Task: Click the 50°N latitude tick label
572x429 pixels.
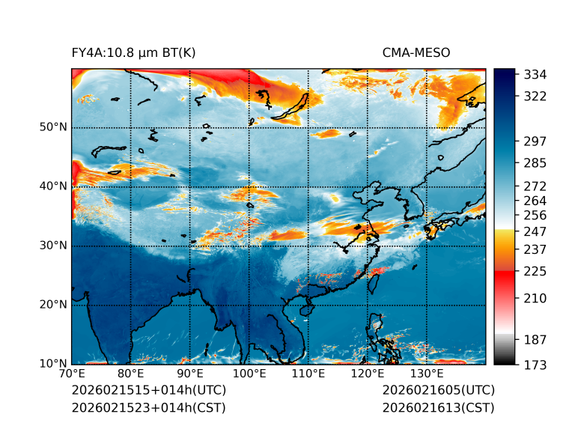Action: tap(53, 127)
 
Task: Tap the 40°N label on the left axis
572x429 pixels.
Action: tap(53, 186)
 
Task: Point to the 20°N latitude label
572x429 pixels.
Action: tap(53, 305)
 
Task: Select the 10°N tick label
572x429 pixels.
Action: tap(53, 364)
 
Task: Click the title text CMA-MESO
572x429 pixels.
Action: tap(416, 53)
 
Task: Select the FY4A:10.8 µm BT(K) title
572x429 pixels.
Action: tap(134, 53)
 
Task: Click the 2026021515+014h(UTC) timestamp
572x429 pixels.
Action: tap(148, 391)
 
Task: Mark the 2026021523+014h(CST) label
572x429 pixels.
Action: tap(148, 408)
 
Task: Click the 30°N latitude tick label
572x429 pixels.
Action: tap(53, 246)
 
